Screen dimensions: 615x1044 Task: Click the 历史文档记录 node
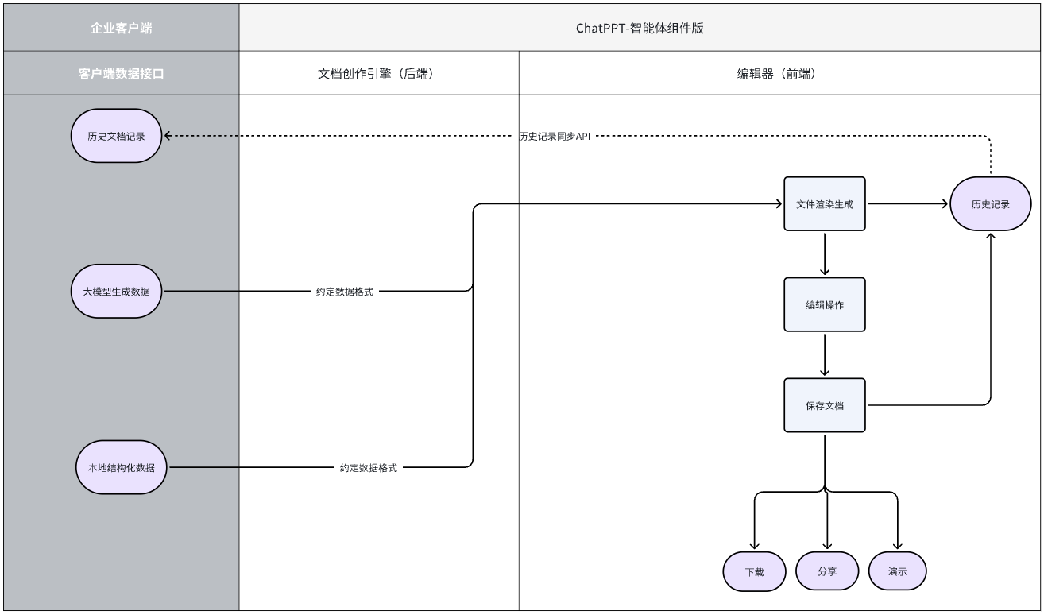click(117, 136)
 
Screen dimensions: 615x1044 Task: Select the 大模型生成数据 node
click(117, 292)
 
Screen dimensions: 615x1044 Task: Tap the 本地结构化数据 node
click(122, 467)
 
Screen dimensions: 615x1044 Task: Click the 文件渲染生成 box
click(825, 204)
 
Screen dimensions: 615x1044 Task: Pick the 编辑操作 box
click(825, 304)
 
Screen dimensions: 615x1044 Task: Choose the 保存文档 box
click(825, 405)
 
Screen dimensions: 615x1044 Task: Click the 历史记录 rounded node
click(990, 204)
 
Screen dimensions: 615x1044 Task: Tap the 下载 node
click(754, 571)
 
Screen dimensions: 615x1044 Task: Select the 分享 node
click(826, 571)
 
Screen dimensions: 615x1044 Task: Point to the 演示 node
click(897, 571)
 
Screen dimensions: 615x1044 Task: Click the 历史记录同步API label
click(555, 136)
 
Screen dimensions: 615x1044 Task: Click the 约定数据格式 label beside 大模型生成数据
click(344, 292)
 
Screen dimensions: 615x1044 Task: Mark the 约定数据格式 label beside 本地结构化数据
click(369, 468)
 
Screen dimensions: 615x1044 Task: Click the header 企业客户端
click(121, 29)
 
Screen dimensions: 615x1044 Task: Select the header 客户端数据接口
click(121, 74)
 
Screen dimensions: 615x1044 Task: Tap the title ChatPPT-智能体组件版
click(640, 29)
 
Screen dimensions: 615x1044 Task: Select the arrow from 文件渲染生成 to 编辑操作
click(825, 253)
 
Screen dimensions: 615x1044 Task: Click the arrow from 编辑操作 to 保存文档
click(825, 354)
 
